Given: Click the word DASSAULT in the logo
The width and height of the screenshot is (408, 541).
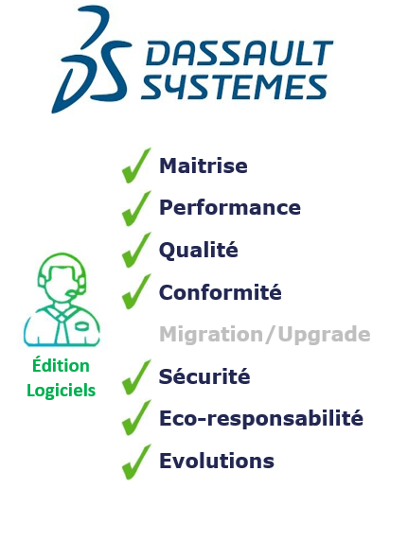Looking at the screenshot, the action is coord(239,53).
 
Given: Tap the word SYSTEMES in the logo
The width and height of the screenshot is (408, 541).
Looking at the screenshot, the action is coord(234,87).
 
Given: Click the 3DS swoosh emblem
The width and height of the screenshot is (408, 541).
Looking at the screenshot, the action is coord(91,60).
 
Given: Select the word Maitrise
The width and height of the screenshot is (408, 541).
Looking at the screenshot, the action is coord(204,166).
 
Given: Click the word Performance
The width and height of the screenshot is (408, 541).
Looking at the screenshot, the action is coord(230,208).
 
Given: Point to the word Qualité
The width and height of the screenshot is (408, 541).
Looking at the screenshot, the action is coord(198,250).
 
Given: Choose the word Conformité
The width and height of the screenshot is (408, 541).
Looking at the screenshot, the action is coord(220,292).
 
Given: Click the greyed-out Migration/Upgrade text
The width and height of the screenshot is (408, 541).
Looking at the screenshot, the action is coord(265,334).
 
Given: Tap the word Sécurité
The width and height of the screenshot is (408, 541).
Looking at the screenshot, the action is coord(204,375).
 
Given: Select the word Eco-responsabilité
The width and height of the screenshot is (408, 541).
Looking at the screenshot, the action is coord(261,418).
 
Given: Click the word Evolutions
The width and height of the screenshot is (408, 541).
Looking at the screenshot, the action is coord(217,461).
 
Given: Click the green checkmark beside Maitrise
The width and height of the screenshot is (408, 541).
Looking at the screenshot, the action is coord(136,166).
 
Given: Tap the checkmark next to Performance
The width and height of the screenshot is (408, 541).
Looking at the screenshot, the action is coord(136,208).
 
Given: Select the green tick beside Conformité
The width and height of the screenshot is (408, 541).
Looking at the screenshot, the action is coord(136,291).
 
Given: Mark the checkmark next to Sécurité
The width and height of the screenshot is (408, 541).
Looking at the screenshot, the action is coord(136,377).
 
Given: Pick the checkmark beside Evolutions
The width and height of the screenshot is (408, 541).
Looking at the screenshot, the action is coord(136,462).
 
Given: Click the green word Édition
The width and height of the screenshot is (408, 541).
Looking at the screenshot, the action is coord(61,365).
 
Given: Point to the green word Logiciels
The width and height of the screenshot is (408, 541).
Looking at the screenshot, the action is coord(62,391).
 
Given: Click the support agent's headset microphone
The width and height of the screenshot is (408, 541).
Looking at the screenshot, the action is coord(73,294).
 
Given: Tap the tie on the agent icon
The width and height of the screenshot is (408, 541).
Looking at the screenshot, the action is coord(61,328).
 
